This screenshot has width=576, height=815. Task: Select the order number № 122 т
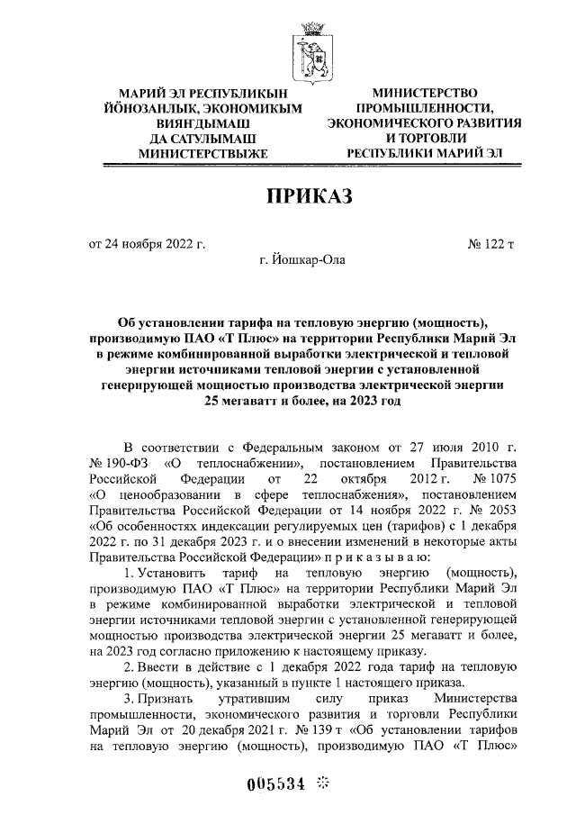click(x=492, y=243)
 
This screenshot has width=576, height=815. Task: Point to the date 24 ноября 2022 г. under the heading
click(x=146, y=243)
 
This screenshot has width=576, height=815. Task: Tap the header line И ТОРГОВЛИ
click(x=424, y=139)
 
